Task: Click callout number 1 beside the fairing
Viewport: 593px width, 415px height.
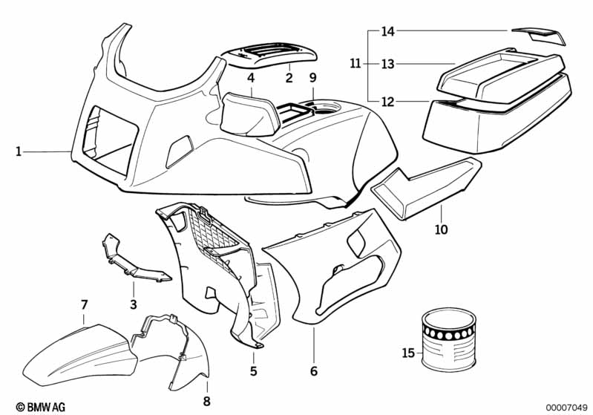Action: (x=18, y=152)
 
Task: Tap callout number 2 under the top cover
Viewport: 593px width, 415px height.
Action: (x=289, y=77)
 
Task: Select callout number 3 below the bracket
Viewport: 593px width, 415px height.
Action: (x=134, y=304)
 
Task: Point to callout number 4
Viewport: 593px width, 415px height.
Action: (x=252, y=78)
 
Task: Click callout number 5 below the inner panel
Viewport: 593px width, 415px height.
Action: (x=253, y=370)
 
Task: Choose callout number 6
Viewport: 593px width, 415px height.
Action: (x=313, y=370)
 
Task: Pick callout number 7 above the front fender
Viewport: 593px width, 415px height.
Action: (x=84, y=304)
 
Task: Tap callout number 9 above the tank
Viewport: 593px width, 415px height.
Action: (x=312, y=78)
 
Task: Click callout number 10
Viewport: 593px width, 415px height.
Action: (x=442, y=230)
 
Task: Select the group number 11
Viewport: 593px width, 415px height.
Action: (x=355, y=65)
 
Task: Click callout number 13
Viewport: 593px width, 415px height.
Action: (x=387, y=65)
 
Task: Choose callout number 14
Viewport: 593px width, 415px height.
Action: (x=387, y=32)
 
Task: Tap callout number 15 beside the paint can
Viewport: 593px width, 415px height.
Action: (x=407, y=353)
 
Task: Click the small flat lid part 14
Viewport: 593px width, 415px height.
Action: (x=537, y=35)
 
